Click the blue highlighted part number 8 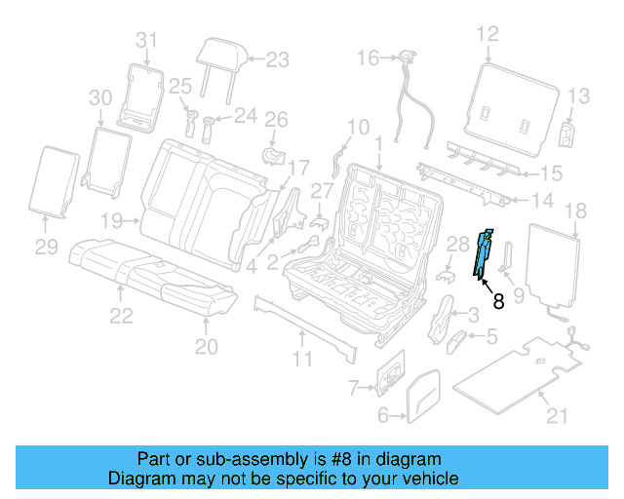[483, 254]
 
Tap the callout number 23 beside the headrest [278, 60]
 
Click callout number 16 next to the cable [368, 58]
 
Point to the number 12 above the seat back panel [487, 35]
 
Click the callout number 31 [145, 40]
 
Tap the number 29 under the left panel [47, 249]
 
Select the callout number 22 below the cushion [121, 314]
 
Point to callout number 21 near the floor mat [557, 418]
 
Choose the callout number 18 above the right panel [575, 211]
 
